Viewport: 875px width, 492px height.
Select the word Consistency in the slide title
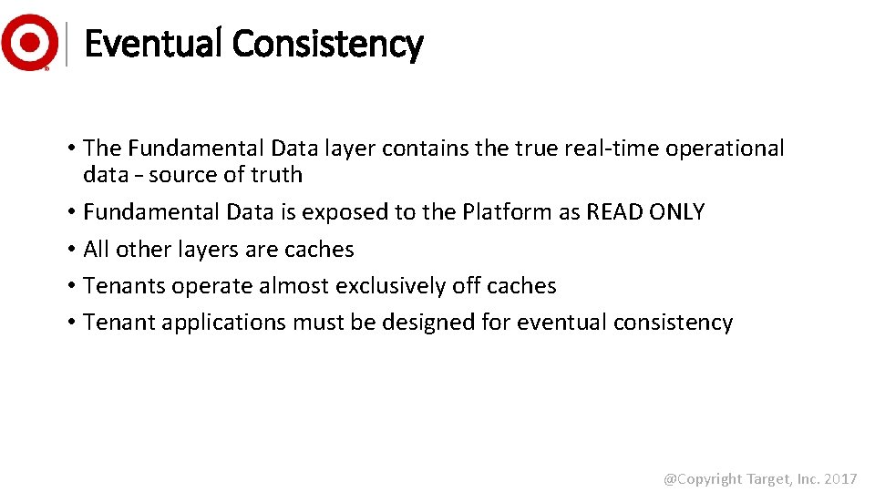point(327,43)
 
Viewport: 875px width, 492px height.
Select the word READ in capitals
point(614,212)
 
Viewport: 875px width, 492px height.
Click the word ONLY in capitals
point(676,212)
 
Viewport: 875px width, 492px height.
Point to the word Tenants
point(118,286)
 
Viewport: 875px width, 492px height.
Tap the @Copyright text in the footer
point(702,478)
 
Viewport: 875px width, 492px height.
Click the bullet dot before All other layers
point(70,250)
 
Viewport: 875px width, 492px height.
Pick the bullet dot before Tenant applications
point(70,323)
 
